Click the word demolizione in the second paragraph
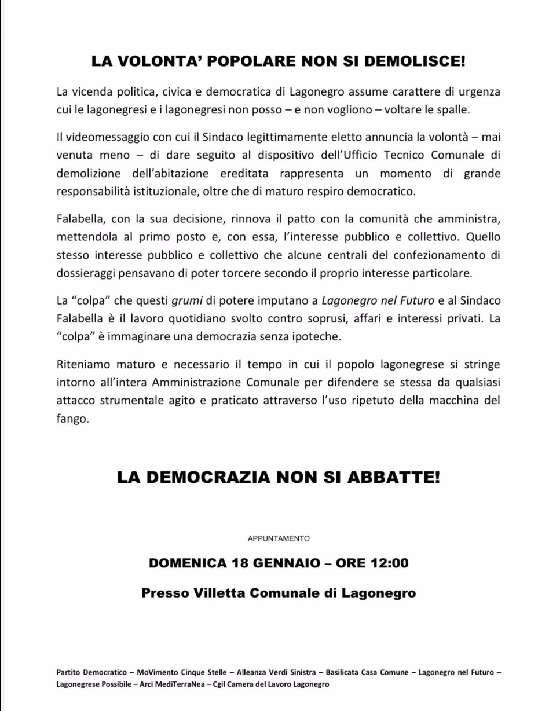[89, 173]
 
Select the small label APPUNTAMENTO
[279, 538]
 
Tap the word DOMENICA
[188, 563]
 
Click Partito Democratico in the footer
[91, 673]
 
